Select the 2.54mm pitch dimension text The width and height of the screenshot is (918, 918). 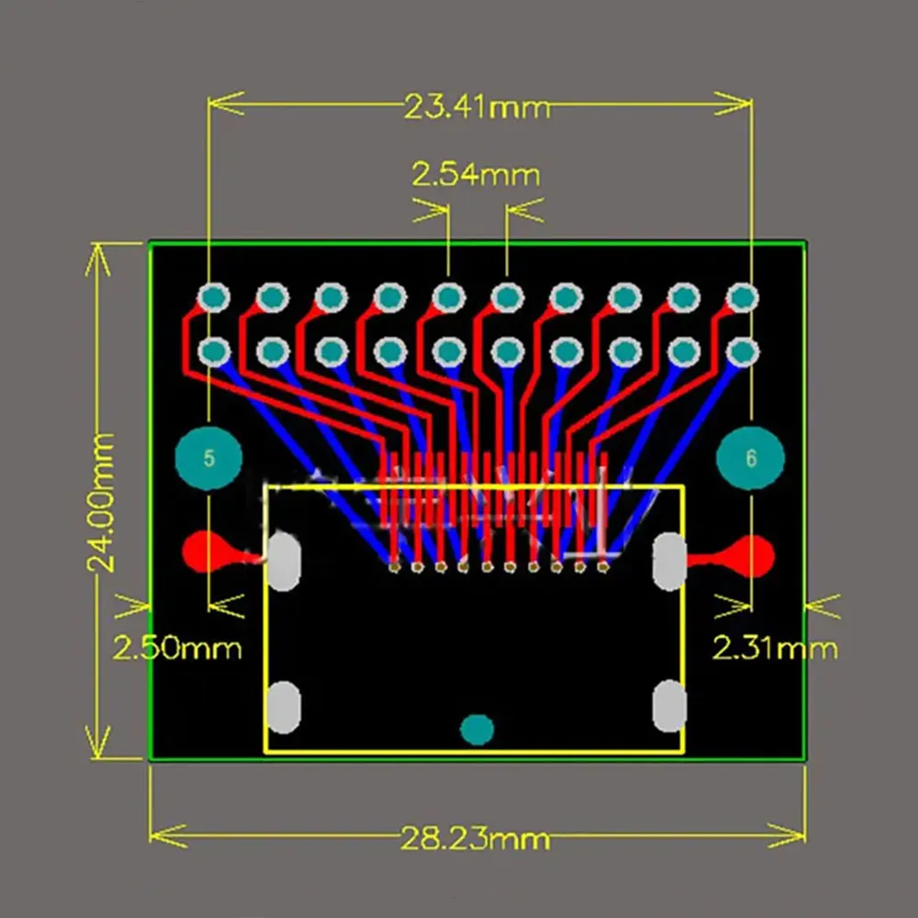click(x=476, y=174)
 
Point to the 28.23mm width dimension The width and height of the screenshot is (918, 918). click(x=475, y=837)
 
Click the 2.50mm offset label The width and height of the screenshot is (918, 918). click(x=177, y=648)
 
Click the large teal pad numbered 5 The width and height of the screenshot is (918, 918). click(x=209, y=458)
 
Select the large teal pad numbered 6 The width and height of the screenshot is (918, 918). click(x=751, y=458)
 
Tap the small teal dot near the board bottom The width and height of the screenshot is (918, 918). click(x=476, y=729)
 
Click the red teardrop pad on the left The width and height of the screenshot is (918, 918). click(x=207, y=552)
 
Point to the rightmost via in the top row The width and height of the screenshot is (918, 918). click(x=742, y=297)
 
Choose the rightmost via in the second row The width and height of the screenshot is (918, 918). click(x=742, y=351)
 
